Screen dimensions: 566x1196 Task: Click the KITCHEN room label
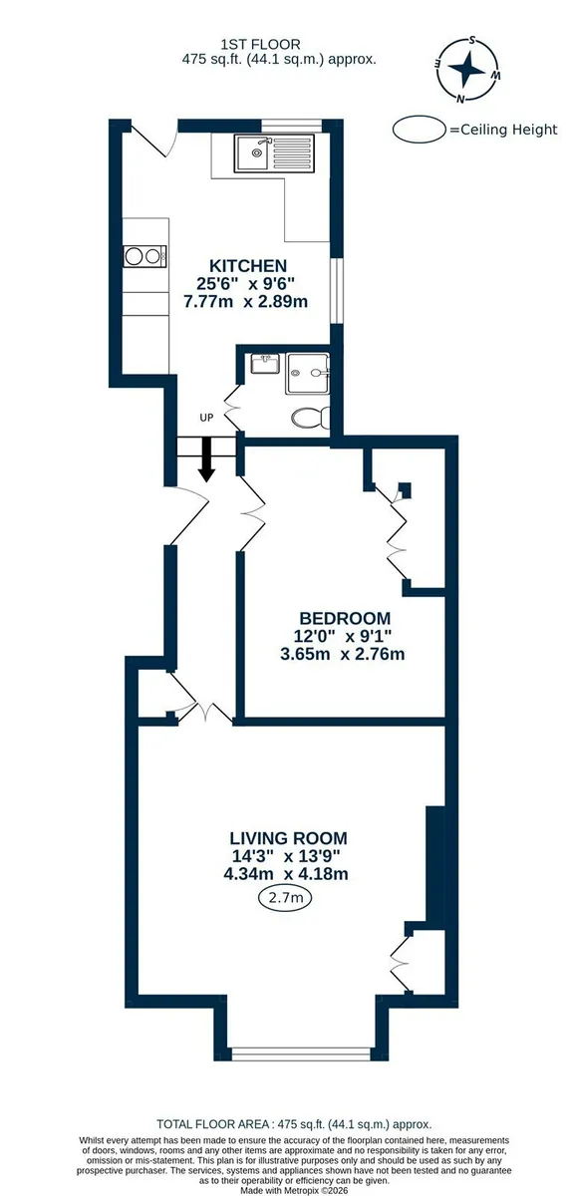(x=248, y=265)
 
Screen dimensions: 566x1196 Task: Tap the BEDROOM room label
(x=345, y=618)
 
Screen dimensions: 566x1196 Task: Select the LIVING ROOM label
(x=288, y=838)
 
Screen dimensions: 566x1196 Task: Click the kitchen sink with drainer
(x=274, y=152)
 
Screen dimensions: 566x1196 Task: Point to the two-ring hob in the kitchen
(x=145, y=256)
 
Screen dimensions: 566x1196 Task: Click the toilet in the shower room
(x=311, y=417)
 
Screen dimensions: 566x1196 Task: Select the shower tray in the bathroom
(x=308, y=373)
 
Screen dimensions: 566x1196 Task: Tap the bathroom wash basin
(x=265, y=364)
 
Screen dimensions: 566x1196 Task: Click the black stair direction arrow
(x=206, y=459)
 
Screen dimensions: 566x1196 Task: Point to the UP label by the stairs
(x=206, y=418)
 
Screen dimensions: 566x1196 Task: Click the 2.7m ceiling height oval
(x=285, y=898)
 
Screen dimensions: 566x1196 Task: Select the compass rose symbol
(x=467, y=69)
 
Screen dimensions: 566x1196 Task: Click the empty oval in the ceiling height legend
(x=420, y=130)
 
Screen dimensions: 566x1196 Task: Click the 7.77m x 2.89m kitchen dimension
(x=245, y=302)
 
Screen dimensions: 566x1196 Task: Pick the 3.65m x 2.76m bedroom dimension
(x=342, y=654)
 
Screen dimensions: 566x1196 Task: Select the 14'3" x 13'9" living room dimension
(x=286, y=856)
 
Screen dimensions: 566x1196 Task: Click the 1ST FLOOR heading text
(x=260, y=44)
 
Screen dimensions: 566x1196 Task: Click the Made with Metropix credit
(x=294, y=1191)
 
